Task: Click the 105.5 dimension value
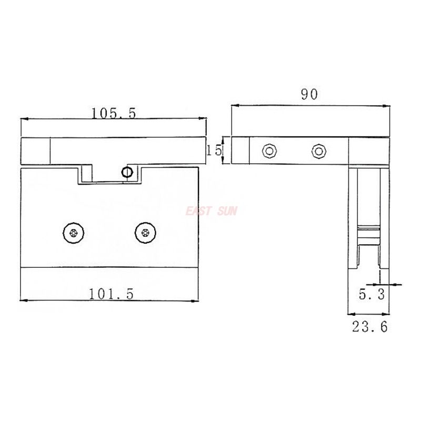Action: pyautogui.click(x=114, y=113)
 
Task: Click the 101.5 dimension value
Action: pyautogui.click(x=112, y=294)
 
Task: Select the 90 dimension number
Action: pyautogui.click(x=309, y=95)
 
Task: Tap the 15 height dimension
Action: pyautogui.click(x=214, y=151)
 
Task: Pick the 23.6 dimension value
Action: pyautogui.click(x=369, y=327)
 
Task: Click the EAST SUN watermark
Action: pyautogui.click(x=212, y=212)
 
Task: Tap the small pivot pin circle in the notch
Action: pyautogui.click(x=126, y=172)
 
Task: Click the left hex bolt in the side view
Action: pyautogui.click(x=269, y=151)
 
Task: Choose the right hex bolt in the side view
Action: pyautogui.click(x=317, y=151)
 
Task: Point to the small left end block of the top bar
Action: pyautogui.click(x=35, y=151)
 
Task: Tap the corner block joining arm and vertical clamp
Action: pyautogui.click(x=368, y=151)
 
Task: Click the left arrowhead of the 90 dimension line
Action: pyautogui.click(x=235, y=106)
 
